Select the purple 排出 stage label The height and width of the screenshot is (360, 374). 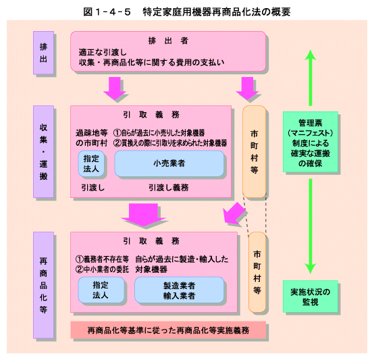(43, 53)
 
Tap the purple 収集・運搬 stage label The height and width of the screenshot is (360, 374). (43, 152)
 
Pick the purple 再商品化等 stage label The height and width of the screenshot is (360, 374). (43, 285)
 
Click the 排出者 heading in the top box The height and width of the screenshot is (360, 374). (168, 41)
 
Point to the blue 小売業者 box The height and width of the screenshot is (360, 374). (169, 163)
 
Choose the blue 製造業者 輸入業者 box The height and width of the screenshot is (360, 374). (180, 290)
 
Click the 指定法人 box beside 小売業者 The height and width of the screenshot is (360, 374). (91, 163)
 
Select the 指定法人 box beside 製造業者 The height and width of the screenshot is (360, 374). (101, 290)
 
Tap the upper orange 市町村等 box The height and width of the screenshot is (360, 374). (255, 152)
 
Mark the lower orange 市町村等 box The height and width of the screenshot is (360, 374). (257, 272)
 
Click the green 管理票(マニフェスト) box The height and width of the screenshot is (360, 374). (311, 142)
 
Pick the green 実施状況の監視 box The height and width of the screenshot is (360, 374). (311, 297)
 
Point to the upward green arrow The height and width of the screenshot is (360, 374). (311, 78)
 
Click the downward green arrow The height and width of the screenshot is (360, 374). (311, 226)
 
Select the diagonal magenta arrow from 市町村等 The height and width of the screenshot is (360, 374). (234, 213)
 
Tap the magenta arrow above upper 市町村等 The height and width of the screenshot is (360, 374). (247, 88)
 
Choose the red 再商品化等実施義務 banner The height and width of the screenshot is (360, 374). (168, 330)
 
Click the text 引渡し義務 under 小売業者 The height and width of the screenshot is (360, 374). (169, 188)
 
